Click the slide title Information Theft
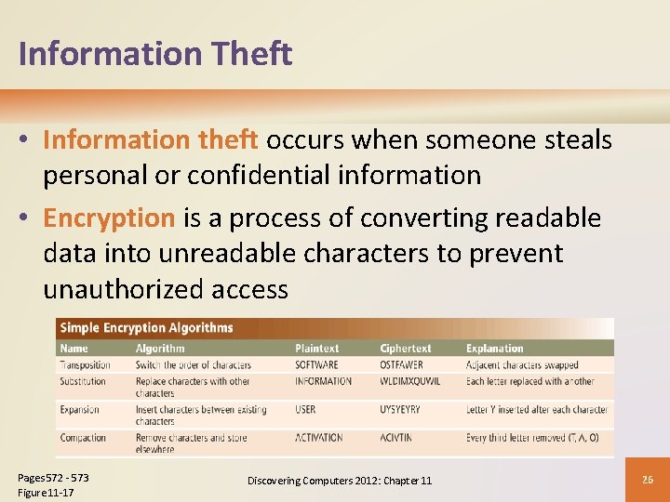coord(155,54)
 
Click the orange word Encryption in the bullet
coord(109,218)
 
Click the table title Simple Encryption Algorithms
coord(146,327)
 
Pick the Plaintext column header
coord(317,349)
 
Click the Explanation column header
coord(495,349)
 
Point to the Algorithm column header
coord(160,349)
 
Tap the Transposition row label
coord(86,365)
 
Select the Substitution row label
coord(83,381)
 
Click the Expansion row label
coord(80,409)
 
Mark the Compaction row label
coord(83,438)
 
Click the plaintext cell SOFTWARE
coord(317,365)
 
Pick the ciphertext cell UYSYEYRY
coord(400,409)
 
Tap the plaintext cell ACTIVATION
coord(319,438)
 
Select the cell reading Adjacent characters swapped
coord(522,365)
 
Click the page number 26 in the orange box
coord(649,480)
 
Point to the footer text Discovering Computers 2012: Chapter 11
coord(340,481)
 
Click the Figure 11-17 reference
coord(47,492)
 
